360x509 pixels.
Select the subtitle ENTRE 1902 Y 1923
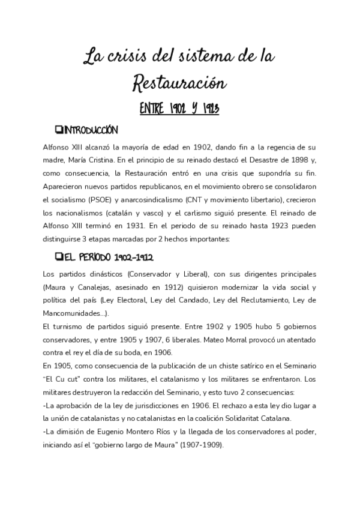tap(179, 109)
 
